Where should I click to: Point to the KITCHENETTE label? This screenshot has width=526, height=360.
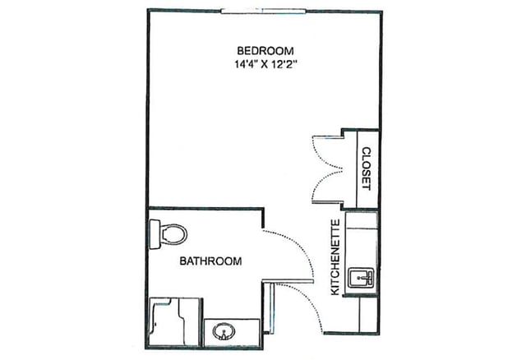click(335, 257)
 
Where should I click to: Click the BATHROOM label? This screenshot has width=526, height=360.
click(210, 261)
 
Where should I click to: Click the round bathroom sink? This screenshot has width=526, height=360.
click(223, 333)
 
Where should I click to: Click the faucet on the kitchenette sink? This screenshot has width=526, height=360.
click(362, 275)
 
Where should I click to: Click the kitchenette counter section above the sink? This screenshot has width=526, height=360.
click(362, 238)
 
